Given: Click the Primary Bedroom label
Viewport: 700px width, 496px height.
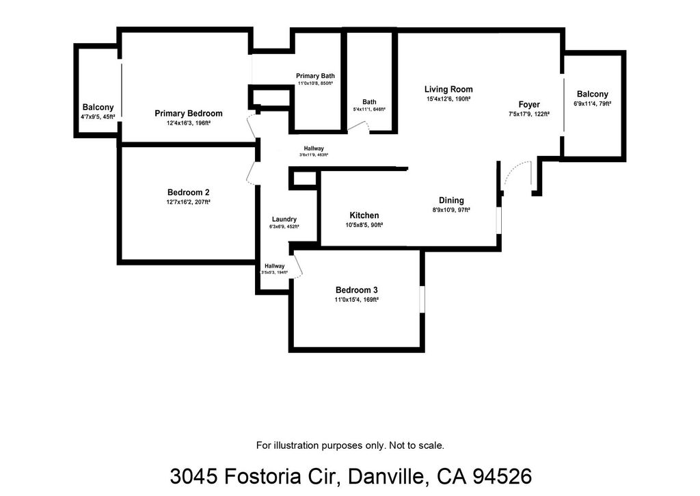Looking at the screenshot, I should tap(188, 114).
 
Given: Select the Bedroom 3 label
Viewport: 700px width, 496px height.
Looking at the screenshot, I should tap(356, 289).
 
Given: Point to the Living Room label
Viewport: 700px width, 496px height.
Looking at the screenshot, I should tap(448, 89).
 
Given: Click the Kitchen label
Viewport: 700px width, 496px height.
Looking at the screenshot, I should tap(364, 216).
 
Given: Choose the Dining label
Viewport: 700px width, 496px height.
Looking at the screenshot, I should tap(451, 200).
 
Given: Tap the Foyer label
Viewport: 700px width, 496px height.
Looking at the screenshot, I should tap(529, 105).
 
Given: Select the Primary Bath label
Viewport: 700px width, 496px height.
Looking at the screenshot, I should tap(315, 76).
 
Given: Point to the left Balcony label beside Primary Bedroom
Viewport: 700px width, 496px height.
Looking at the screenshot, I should tap(98, 107).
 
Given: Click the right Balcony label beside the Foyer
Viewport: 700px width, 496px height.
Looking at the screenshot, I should tap(592, 94).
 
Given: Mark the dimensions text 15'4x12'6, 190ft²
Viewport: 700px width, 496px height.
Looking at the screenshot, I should tap(448, 99).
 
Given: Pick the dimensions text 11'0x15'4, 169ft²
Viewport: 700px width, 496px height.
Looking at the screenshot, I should tap(356, 300).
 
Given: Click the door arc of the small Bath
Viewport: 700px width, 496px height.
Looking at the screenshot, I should tap(361, 126).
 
